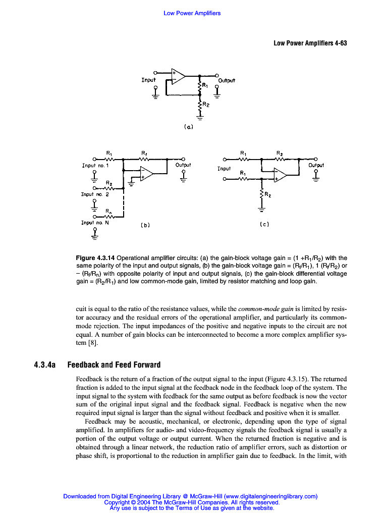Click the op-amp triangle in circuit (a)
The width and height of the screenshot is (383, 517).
click(x=178, y=76)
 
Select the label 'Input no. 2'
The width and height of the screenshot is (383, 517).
click(x=95, y=194)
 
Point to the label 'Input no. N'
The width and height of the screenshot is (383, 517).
click(x=95, y=222)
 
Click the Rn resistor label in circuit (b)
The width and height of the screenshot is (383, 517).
click(x=109, y=212)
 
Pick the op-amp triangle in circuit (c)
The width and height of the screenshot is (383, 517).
click(x=280, y=175)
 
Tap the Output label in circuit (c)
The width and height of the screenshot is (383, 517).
click(x=316, y=165)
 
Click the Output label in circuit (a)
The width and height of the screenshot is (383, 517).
click(x=227, y=80)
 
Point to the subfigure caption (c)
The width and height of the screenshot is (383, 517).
click(x=264, y=224)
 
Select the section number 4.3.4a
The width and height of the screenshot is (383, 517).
click(x=47, y=365)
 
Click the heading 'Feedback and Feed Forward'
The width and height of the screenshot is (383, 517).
click(x=114, y=365)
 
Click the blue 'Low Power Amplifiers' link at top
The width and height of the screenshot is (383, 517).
click(x=192, y=13)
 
